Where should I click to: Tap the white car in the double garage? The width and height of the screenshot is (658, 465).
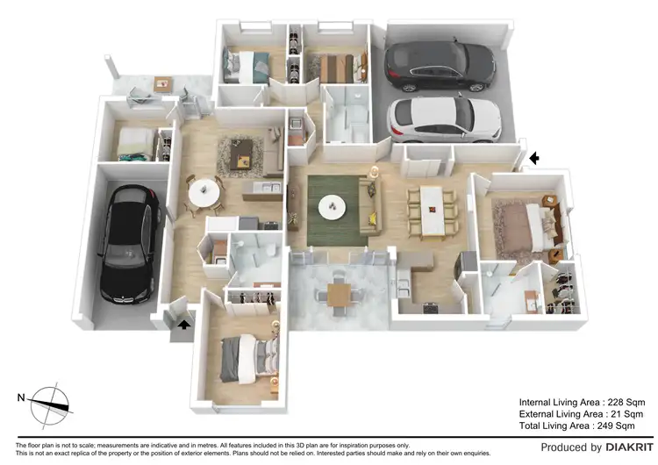444,118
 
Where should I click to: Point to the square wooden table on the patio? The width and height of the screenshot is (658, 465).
339,293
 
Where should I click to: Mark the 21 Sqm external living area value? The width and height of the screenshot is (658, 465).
618,414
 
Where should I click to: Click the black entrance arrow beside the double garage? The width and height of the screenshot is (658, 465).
534,158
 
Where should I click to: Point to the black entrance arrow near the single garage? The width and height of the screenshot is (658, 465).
183,324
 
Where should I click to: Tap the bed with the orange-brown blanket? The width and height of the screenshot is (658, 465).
336,67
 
